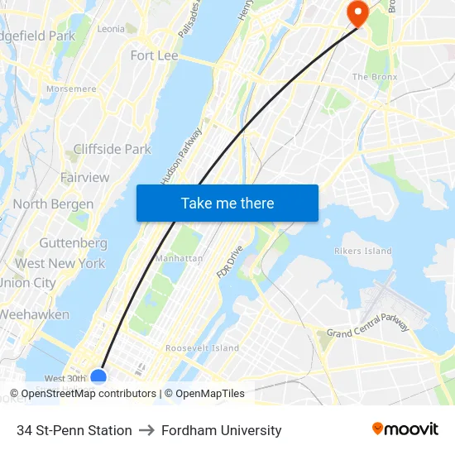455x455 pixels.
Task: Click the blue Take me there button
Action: tap(227, 203)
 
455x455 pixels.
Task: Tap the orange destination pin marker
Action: tap(357, 12)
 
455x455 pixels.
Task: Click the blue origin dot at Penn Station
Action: tap(98, 377)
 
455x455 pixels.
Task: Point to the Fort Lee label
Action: tap(154, 55)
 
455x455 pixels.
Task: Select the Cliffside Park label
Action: tap(112, 150)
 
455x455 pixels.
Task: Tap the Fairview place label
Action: tap(84, 178)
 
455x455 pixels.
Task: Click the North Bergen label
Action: tap(53, 204)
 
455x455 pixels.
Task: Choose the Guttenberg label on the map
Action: tap(73, 244)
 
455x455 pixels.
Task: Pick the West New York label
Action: tap(60, 264)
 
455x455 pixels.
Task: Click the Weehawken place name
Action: tap(35, 315)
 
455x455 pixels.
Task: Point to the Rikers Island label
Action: tap(362, 251)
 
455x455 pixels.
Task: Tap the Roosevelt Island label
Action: tap(202, 348)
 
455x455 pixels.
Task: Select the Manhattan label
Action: tap(178, 258)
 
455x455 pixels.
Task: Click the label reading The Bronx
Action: tap(375, 77)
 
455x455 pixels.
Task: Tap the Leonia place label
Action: tap(111, 28)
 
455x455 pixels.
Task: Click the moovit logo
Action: tap(405, 429)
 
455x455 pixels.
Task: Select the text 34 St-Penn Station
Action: tap(74, 430)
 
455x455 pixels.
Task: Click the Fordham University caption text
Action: tap(222, 430)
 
